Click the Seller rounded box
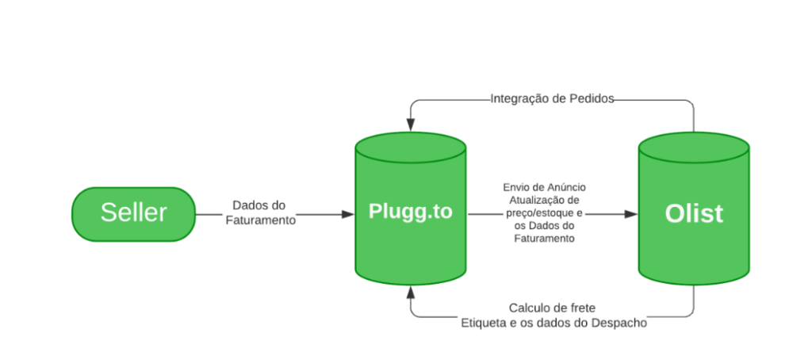pyautogui.click(x=133, y=213)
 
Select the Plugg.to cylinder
pyautogui.click(x=410, y=213)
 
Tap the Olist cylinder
pyautogui.click(x=693, y=213)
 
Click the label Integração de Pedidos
pyautogui.click(x=552, y=99)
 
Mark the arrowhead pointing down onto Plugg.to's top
pyautogui.click(x=410, y=124)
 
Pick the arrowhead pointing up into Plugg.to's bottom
pyautogui.click(x=410, y=292)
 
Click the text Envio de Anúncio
pyautogui.click(x=544, y=187)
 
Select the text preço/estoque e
pyautogui.click(x=544, y=213)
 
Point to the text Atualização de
pyautogui.click(x=544, y=200)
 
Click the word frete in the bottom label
pyautogui.click(x=581, y=308)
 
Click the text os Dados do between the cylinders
pyautogui.click(x=544, y=225)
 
